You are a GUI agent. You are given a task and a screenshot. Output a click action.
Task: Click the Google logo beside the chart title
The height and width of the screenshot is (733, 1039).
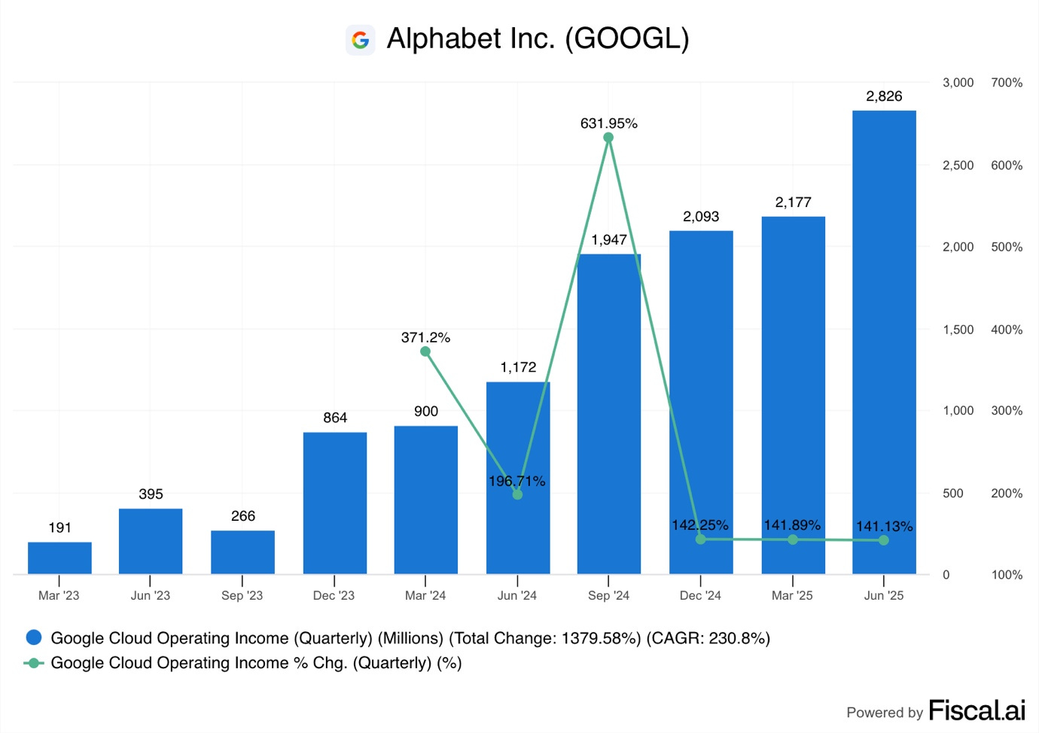coord(361,40)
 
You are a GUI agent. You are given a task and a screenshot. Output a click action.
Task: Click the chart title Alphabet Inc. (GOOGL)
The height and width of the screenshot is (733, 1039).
coord(538,38)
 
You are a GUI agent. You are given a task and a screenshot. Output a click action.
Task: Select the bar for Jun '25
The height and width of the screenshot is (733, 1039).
coord(884,342)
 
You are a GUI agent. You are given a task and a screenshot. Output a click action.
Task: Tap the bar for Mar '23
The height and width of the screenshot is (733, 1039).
coord(59,558)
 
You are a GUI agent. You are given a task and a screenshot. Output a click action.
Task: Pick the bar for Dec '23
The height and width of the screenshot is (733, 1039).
coord(334,503)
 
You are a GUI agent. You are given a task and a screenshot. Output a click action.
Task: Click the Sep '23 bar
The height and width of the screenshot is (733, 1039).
coord(242,552)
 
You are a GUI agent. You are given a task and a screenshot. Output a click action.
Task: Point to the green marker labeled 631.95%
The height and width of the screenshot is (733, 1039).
coord(608,138)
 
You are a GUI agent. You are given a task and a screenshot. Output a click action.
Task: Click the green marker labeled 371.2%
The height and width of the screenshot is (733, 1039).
coord(425,351)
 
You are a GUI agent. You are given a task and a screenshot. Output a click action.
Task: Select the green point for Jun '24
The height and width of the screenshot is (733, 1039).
coord(517,494)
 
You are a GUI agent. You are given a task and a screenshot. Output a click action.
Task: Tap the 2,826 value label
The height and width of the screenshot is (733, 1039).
coord(884,96)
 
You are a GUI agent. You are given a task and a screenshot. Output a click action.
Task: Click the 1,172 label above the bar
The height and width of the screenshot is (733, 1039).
coord(518,367)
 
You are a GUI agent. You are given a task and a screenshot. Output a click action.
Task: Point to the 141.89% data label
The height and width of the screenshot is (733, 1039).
coord(792,525)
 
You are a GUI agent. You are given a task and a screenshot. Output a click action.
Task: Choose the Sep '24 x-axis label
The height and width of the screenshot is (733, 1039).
coord(608,595)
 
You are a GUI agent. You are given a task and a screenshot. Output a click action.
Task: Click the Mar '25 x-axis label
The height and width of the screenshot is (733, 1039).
coord(792,595)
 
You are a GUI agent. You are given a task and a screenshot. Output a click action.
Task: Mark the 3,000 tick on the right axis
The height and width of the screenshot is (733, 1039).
coord(958,83)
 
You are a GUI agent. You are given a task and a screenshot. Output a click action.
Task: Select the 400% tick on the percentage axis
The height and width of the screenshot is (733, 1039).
coord(1007,330)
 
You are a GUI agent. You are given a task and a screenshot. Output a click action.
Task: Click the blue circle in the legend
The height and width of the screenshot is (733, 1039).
coord(34,637)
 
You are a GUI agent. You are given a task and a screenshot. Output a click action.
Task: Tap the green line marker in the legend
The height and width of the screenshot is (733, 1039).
coord(34,663)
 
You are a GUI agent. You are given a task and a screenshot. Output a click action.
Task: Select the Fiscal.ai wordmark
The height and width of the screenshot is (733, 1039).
coord(977,710)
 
